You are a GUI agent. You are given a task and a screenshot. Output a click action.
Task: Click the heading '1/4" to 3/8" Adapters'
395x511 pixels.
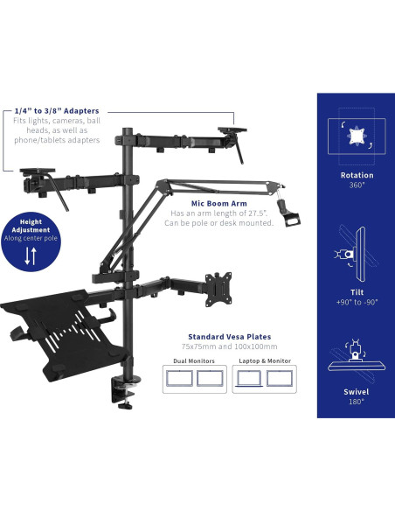pos(57,111)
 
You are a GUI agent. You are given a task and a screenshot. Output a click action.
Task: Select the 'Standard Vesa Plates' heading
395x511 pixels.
pos(229,336)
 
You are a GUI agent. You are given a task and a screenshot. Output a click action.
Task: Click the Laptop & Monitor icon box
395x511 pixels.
pos(266,379)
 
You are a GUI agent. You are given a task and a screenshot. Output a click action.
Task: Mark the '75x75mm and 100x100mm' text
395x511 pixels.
pos(229,346)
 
